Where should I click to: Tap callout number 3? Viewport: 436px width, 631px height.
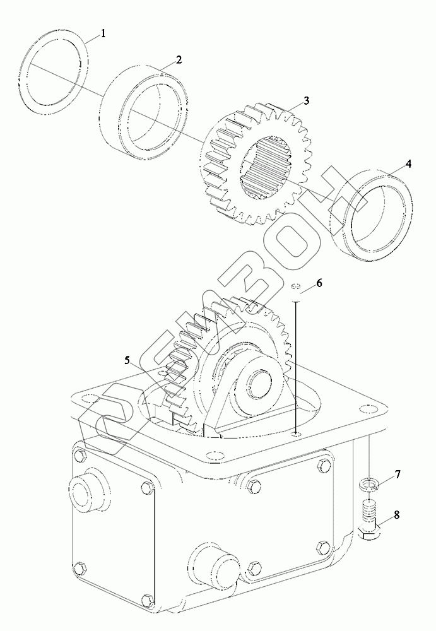305,101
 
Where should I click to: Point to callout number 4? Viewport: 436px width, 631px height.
408,163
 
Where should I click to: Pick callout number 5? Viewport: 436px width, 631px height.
127,360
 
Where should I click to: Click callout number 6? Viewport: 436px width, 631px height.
319,283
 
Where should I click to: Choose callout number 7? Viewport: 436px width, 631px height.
398,474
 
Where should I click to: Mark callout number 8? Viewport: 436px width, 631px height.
397,515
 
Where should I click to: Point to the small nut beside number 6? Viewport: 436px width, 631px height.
297,288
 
